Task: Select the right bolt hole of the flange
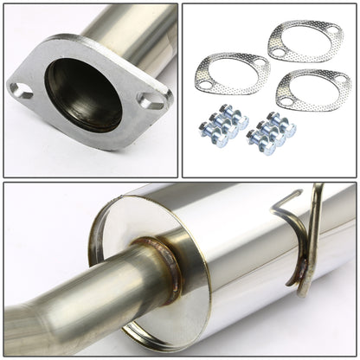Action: pyautogui.click(x=151, y=101)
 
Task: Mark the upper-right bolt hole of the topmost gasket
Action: pyautogui.click(x=333, y=29)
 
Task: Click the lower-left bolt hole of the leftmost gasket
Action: pyautogui.click(x=206, y=85)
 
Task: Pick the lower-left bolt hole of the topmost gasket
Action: pyautogui.click(x=277, y=52)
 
